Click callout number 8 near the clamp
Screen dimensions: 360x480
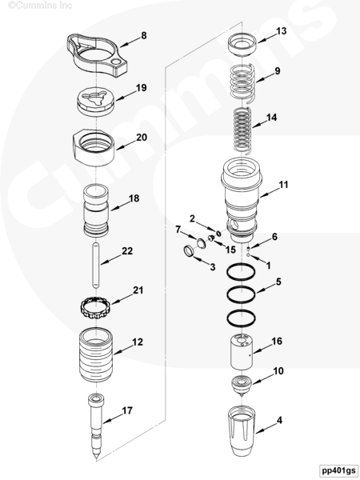pyautogui.click(x=144, y=36)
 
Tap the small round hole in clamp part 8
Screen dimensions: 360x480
pyautogui.click(x=116, y=62)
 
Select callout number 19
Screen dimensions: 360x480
pyautogui.click(x=141, y=88)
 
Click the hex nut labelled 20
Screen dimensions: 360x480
pyautogui.click(x=94, y=147)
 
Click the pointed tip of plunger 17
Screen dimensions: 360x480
pyautogui.click(x=97, y=458)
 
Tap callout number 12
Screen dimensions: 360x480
pyautogui.click(x=138, y=342)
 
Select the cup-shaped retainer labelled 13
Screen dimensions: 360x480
pyautogui.click(x=242, y=44)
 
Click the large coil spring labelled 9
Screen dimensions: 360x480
pyautogui.click(x=242, y=83)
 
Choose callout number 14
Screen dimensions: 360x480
pyautogui.click(x=271, y=118)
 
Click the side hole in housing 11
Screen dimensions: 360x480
pyautogui.click(x=234, y=226)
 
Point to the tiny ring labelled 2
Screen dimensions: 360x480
pyautogui.click(x=218, y=234)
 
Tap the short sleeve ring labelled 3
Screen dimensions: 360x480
pyautogui.click(x=189, y=251)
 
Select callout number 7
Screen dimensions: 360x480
pyautogui.click(x=178, y=230)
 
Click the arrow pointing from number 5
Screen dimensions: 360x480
pyautogui.click(x=266, y=288)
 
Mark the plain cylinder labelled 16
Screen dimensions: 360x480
pyautogui.click(x=242, y=352)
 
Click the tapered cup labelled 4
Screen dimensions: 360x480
pyautogui.click(x=242, y=430)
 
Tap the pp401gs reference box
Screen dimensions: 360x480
pyautogui.click(x=338, y=470)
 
